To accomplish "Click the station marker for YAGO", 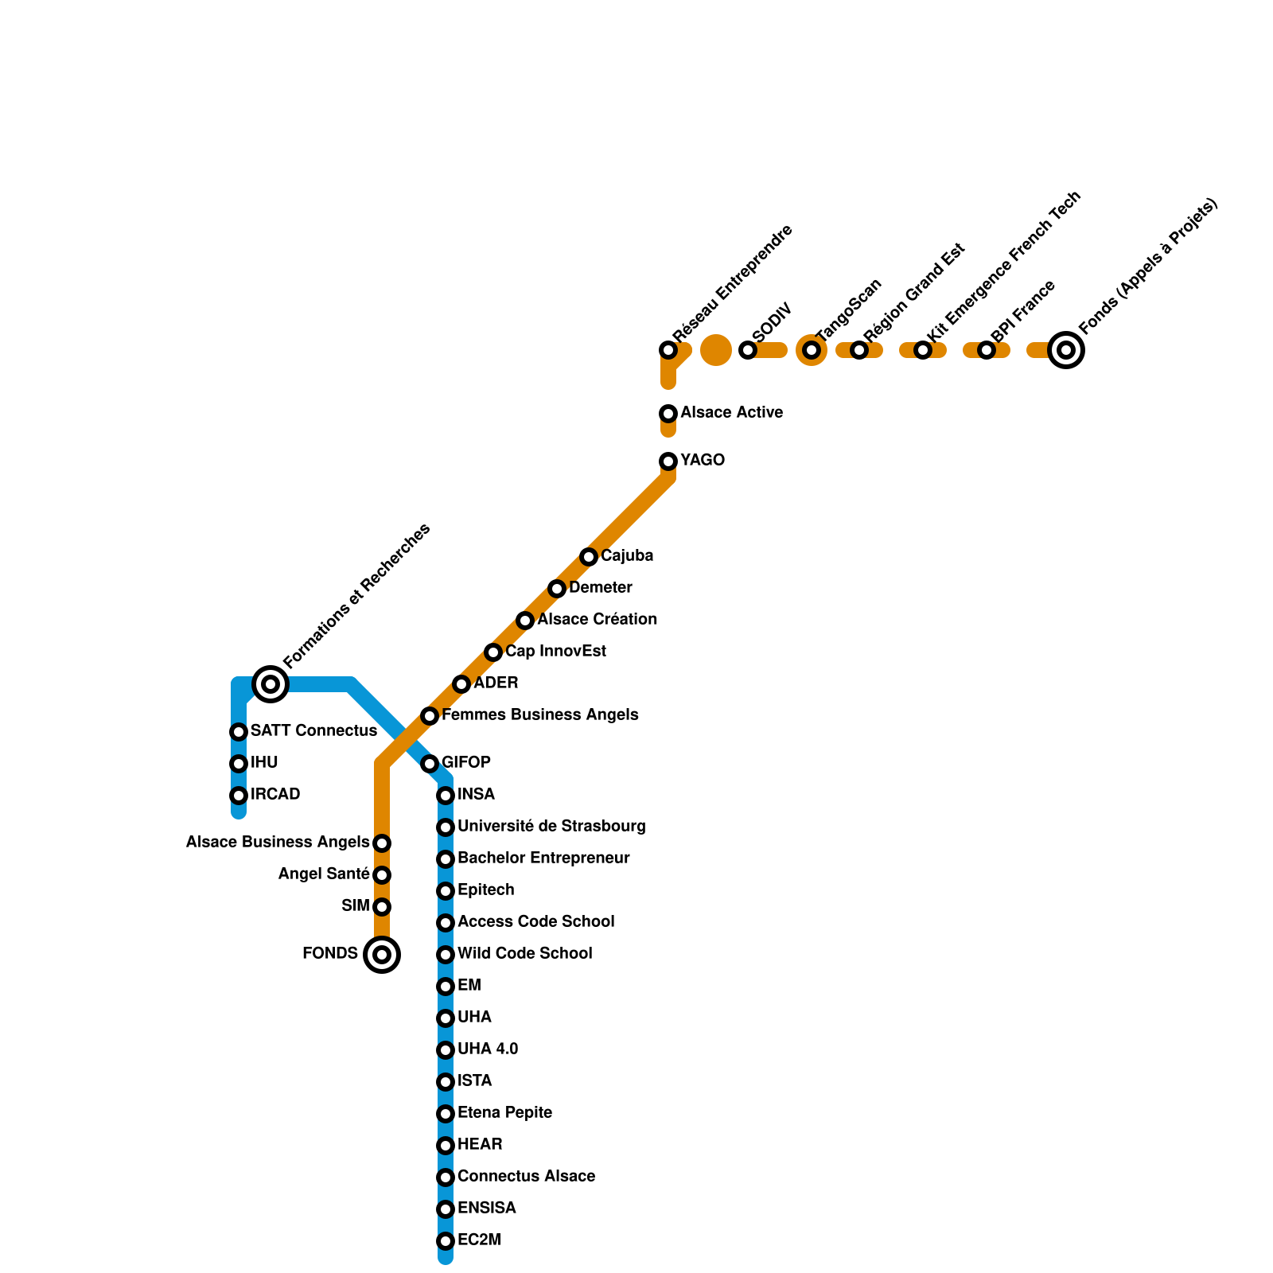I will point(668,461).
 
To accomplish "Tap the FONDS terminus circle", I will point(382,955).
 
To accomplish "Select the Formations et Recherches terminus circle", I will point(271,684).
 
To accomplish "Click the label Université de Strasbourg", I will point(551,827).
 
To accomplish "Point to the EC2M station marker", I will point(446,1241).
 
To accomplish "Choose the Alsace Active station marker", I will point(668,414).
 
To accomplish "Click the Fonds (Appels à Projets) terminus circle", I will point(1066,350).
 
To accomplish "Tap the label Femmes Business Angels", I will point(539,715).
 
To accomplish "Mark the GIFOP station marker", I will point(430,764).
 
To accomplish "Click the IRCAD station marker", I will point(239,796).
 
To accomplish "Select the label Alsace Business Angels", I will point(278,843).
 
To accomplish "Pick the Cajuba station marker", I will point(589,557).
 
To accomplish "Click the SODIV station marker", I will point(748,350).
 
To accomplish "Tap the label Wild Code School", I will point(524,954).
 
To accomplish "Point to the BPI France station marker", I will point(987,350).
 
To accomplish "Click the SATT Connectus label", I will point(313,731).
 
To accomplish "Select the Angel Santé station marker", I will point(382,875).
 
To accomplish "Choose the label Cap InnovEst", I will point(555,652).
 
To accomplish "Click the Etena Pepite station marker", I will point(446,1114).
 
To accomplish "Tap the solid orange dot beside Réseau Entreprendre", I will point(716,350).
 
